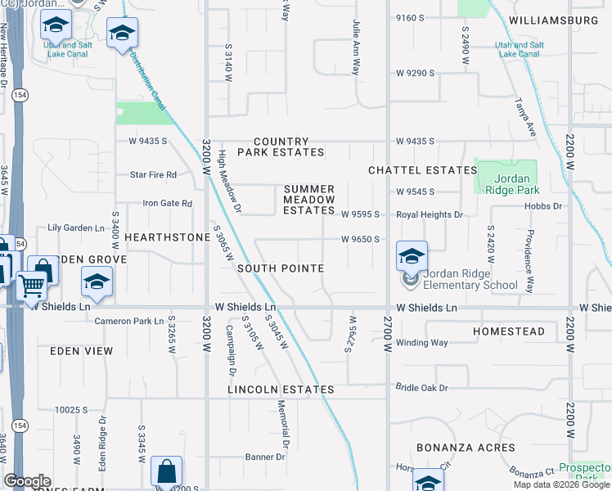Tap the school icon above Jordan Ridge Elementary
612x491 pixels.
[x=412, y=256]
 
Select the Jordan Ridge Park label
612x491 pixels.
[x=506, y=184]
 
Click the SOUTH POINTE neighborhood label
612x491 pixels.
[x=281, y=268]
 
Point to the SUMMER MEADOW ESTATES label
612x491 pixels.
[x=309, y=200]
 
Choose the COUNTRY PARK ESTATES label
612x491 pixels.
[x=281, y=147]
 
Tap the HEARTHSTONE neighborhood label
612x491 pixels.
[x=168, y=236]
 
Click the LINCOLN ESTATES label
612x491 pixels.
[x=281, y=390]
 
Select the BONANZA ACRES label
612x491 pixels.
[x=466, y=448]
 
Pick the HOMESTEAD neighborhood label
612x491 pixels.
[x=509, y=331]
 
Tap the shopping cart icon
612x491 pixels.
[x=31, y=286]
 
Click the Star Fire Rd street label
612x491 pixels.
[x=154, y=175]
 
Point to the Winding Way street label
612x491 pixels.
[x=422, y=343]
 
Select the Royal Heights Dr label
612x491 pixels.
[x=430, y=214]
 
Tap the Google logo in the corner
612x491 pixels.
[x=27, y=481]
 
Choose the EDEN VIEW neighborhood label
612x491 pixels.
[x=81, y=350]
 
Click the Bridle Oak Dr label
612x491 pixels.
[x=422, y=387]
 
